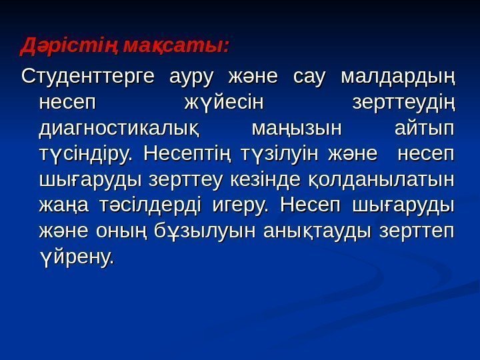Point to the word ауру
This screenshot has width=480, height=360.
[190, 77]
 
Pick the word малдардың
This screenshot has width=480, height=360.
[397, 77]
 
